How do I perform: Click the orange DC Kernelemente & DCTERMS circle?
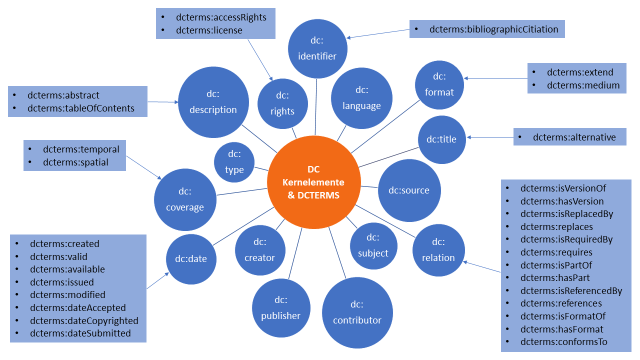coord(313,182)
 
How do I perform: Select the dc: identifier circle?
coord(317,48)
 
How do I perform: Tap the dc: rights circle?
coord(282,103)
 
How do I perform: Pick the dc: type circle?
coord(234,162)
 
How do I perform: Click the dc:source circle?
coord(408,190)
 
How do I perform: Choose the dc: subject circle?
coord(373,245)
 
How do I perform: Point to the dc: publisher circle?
coord(280,308)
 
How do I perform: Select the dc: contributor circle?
coord(357,312)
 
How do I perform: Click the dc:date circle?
coord(190,258)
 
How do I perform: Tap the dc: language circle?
coord(361,98)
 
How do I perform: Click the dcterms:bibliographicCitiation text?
coord(493,29)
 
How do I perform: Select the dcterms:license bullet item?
coord(209,30)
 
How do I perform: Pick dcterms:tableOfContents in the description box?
coord(88,108)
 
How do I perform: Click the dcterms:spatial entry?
coord(75,162)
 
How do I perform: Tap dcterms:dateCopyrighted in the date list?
coord(84,320)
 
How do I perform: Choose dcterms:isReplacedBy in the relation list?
coord(566,214)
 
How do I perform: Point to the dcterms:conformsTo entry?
coord(563,342)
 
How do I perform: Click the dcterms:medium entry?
coord(583,85)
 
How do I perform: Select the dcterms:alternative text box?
coord(570,137)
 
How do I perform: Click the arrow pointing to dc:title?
coord(490,137)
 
